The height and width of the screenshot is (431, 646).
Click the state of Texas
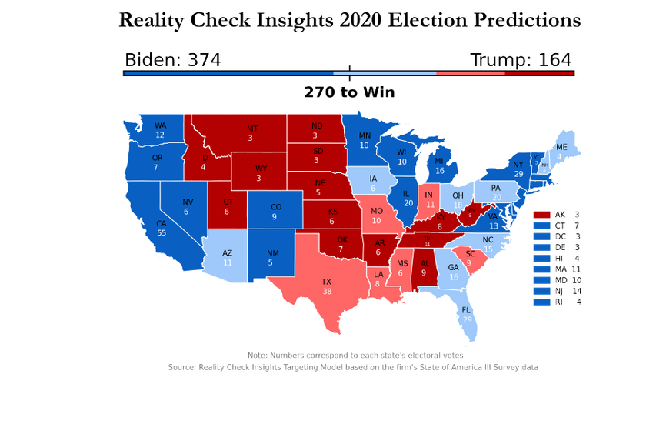coord(327,286)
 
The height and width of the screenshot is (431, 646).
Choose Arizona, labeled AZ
coord(228,257)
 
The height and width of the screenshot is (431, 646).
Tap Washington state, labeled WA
coord(160,129)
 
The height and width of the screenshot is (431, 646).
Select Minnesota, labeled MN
coord(364,139)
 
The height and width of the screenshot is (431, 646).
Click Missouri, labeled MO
coord(376,215)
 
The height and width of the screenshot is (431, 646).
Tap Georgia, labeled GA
coord(453,272)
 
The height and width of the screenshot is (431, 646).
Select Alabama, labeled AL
coord(423,267)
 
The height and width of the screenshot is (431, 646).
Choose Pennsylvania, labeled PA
coord(496,192)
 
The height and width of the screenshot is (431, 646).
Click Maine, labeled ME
coord(561,150)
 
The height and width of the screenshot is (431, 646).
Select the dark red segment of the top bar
coord(538,73)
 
